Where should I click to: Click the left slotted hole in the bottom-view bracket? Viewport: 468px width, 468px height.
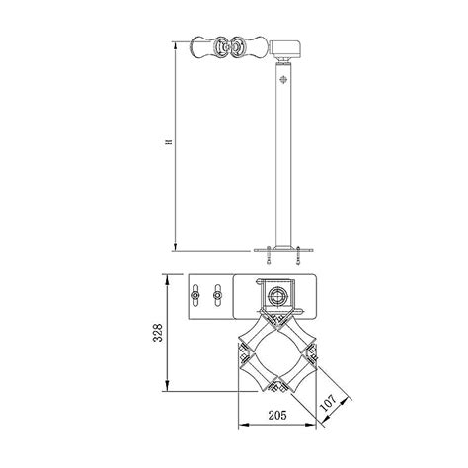coord(197,296)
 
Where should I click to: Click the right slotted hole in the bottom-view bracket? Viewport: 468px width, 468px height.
coord(214,296)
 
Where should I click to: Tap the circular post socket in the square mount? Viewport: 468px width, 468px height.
coord(278,295)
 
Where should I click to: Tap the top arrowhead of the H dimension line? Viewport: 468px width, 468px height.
coord(176,42)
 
